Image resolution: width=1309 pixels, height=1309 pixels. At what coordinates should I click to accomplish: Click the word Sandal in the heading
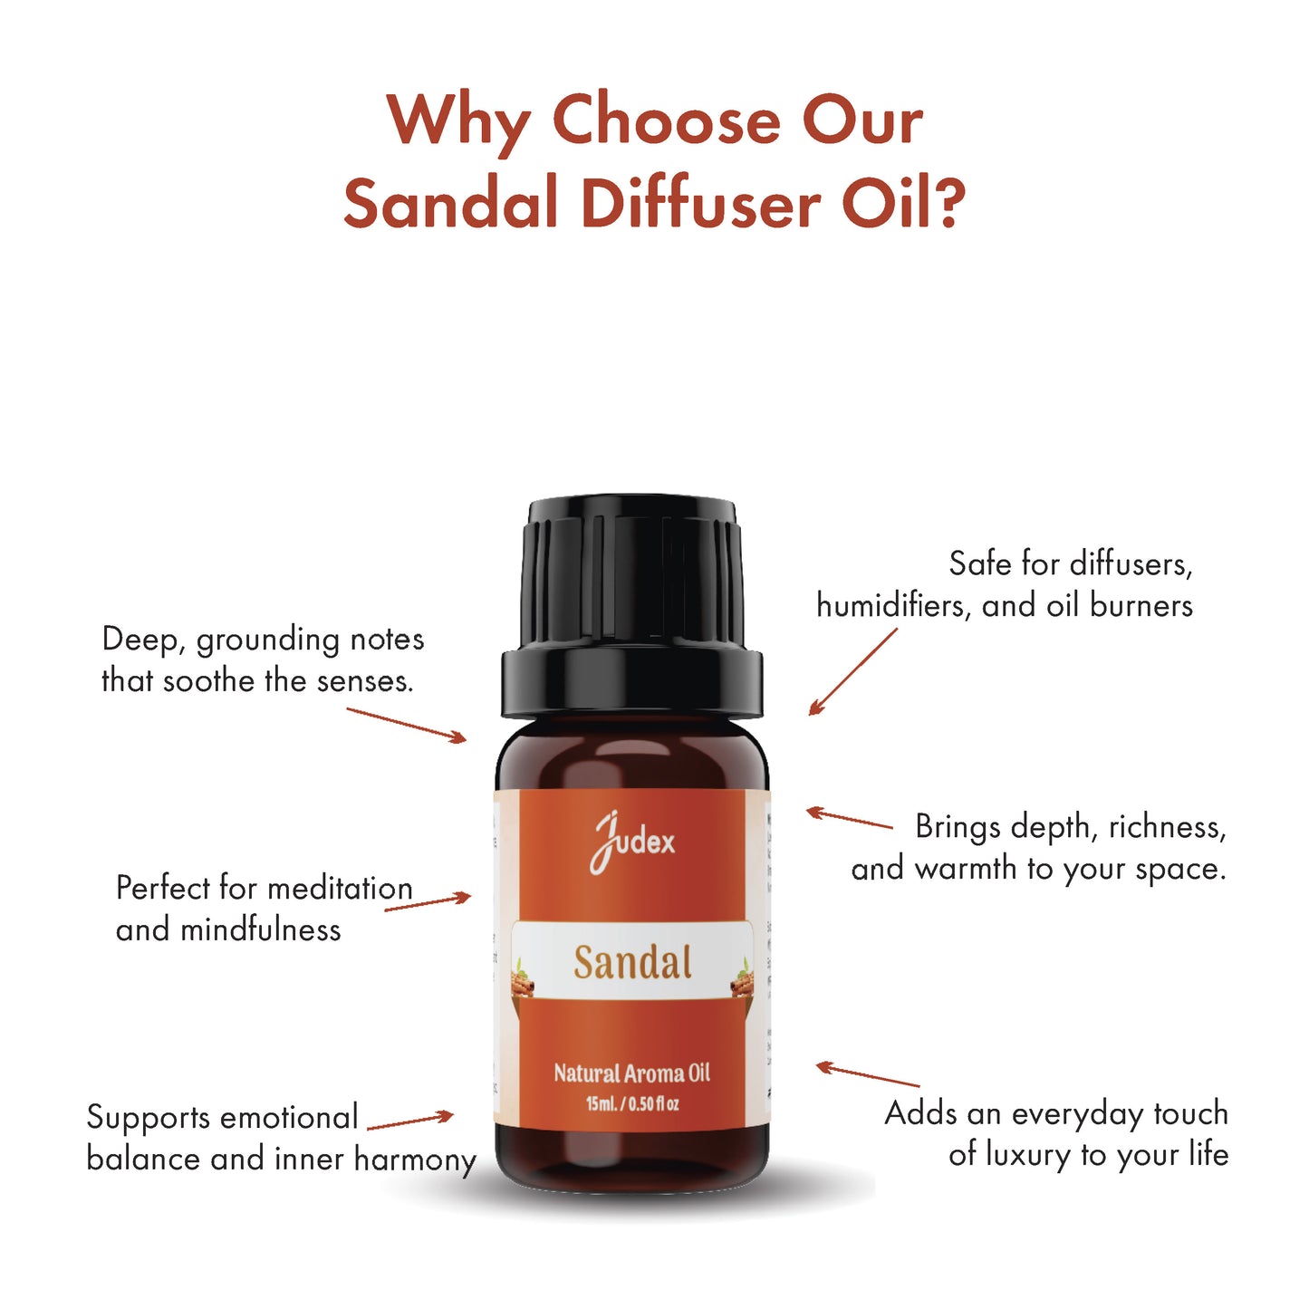click(450, 202)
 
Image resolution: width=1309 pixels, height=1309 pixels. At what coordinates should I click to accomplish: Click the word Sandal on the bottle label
click(632, 962)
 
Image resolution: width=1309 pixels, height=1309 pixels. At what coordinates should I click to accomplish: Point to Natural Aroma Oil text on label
click(632, 1073)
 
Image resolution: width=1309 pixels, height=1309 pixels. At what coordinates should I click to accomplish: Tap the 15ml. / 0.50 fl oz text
click(632, 1103)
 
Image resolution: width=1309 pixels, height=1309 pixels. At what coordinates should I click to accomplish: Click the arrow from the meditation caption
click(428, 901)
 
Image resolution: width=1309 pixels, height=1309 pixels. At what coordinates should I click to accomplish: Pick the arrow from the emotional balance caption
click(409, 1121)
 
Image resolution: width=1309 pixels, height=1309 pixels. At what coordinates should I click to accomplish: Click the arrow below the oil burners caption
click(852, 672)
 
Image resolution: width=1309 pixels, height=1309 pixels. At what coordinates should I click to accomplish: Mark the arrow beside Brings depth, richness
click(849, 818)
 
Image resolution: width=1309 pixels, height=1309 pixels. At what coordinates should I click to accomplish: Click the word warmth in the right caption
click(966, 869)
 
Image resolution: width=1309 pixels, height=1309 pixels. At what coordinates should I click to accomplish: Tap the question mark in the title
click(948, 202)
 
